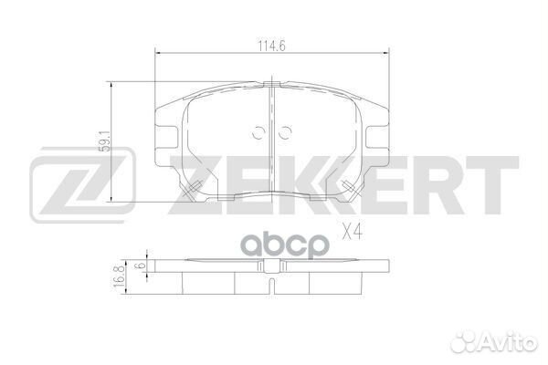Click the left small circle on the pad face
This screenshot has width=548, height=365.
[258, 131]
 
